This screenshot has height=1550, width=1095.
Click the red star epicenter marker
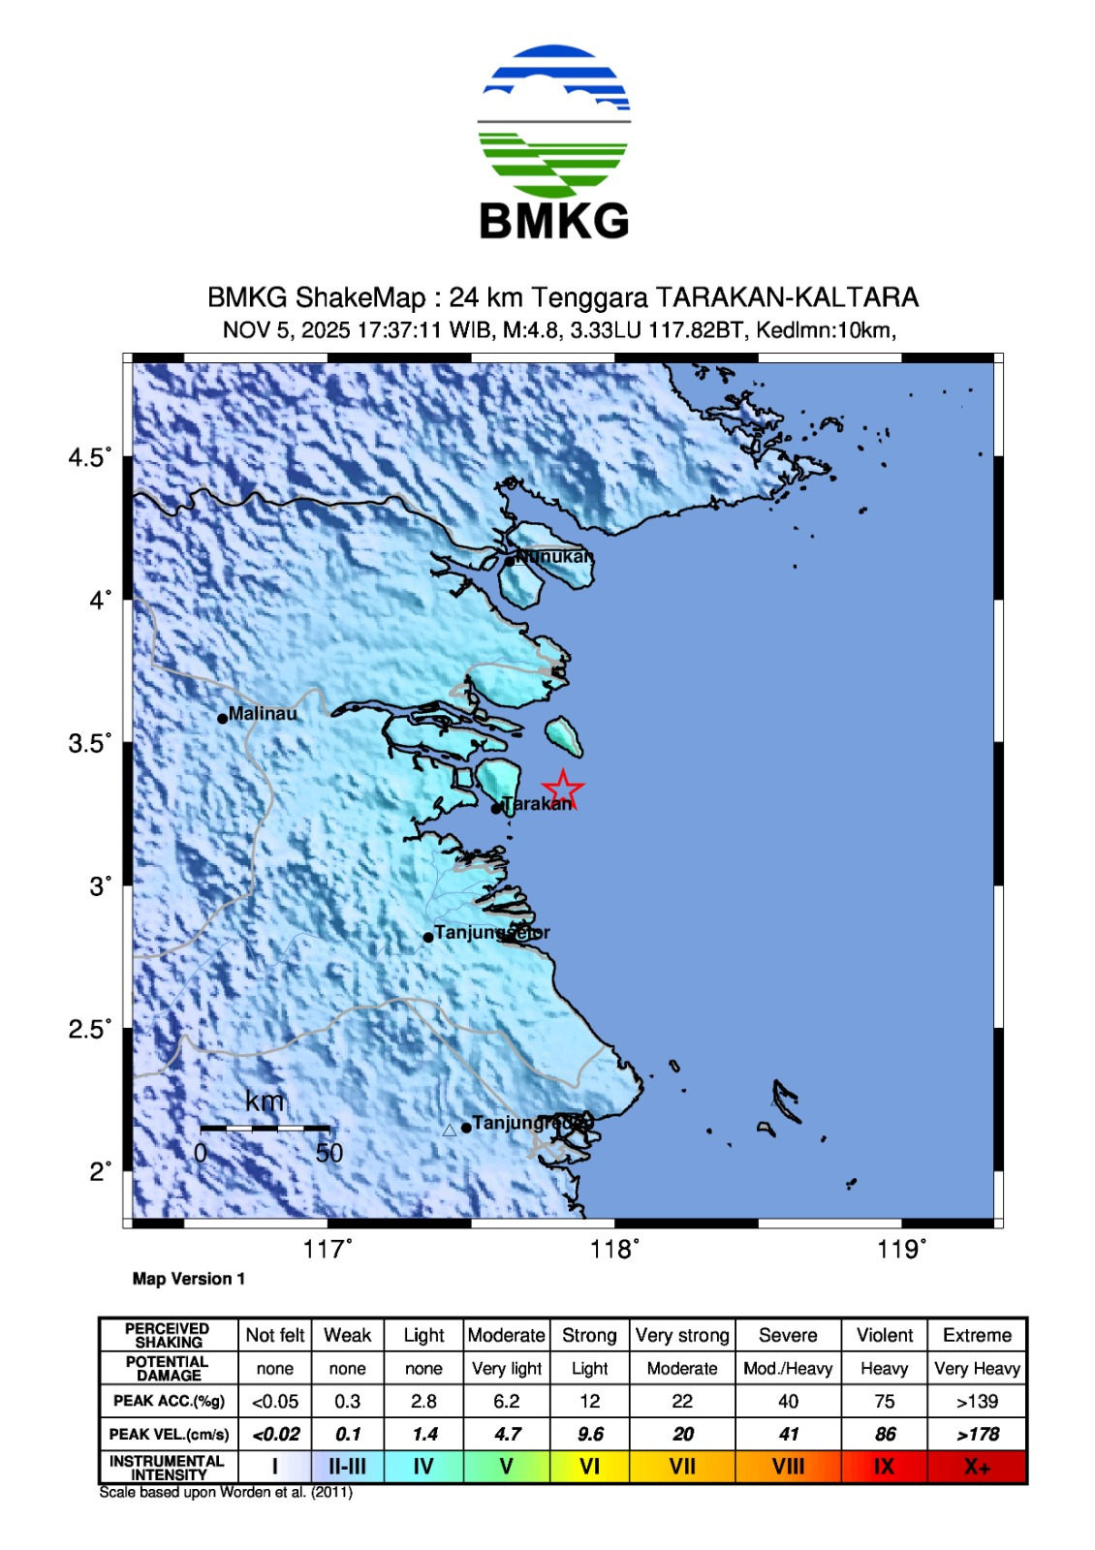(562, 790)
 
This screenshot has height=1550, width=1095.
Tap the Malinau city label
(263, 714)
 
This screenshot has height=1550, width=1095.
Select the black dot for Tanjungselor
(428, 937)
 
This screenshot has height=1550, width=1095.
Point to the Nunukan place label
(553, 556)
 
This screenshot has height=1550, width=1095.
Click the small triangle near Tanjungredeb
(449, 1130)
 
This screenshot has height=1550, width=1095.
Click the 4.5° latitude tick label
(90, 457)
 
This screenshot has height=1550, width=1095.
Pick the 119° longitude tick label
(901, 1250)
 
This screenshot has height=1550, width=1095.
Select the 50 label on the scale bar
(329, 1153)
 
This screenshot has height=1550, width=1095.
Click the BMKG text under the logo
(554, 222)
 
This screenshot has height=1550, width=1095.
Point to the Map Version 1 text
(189, 1279)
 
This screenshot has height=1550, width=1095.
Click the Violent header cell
(884, 1335)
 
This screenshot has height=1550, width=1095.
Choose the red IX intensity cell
(884, 1467)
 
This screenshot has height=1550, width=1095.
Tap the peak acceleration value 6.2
(506, 1401)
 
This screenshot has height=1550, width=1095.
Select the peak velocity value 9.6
(589, 1434)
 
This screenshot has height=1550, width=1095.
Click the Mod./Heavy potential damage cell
(788, 1368)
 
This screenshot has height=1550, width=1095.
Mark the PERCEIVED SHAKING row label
(169, 1335)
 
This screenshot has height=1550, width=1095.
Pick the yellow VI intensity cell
(589, 1467)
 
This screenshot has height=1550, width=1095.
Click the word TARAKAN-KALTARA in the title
(786, 297)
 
